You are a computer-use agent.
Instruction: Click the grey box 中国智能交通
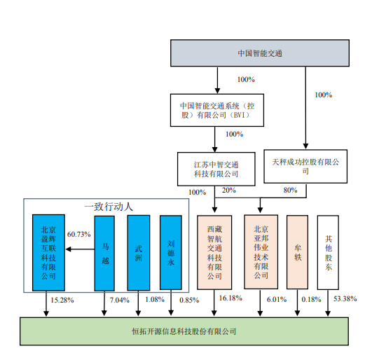(x=260, y=53)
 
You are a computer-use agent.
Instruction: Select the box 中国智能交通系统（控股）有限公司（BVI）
(x=217, y=110)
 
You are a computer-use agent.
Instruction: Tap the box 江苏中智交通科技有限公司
(x=216, y=169)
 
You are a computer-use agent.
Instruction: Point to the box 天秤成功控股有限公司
(x=305, y=167)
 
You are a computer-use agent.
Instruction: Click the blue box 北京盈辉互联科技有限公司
(x=48, y=253)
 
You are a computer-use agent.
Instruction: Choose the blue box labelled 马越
(x=104, y=254)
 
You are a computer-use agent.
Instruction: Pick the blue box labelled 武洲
(x=139, y=253)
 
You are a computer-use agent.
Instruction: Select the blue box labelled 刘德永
(x=171, y=253)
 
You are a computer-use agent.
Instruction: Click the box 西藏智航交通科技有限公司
(x=214, y=252)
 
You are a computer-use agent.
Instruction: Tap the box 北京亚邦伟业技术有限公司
(x=261, y=252)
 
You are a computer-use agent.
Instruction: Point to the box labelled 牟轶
(x=297, y=252)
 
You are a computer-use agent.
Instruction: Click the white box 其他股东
(x=328, y=252)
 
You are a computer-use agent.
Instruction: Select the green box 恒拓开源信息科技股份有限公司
(x=184, y=331)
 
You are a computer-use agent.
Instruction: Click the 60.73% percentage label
(x=78, y=234)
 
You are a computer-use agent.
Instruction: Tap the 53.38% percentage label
(x=345, y=299)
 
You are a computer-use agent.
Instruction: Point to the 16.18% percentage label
(x=230, y=298)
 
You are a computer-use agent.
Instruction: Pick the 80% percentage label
(x=290, y=190)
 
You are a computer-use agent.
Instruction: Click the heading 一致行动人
(x=109, y=207)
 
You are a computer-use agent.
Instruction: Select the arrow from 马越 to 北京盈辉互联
(x=81, y=249)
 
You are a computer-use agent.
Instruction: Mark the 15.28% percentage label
(x=62, y=300)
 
